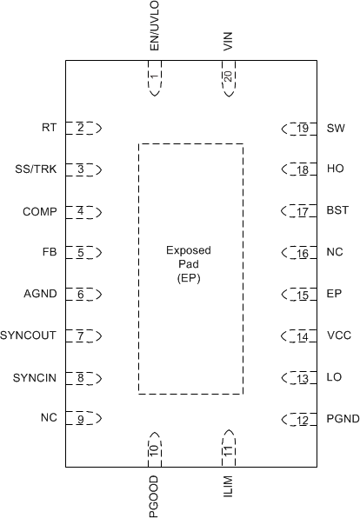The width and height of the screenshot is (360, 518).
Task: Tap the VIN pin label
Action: pyautogui.click(x=228, y=40)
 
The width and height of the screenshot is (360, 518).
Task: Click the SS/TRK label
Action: pyautogui.click(x=37, y=169)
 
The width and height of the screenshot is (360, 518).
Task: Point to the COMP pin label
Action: pyautogui.click(x=39, y=211)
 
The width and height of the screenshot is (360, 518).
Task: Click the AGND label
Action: pyautogui.click(x=41, y=295)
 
